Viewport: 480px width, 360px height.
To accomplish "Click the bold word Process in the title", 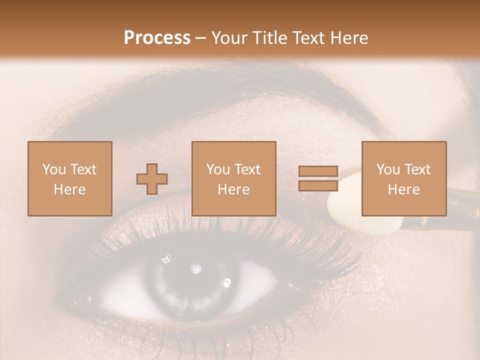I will point(157,38).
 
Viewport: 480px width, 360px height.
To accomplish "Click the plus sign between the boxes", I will point(152,178).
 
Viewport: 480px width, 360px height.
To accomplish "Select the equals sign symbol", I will point(318,178).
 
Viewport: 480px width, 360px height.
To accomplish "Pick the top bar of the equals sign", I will point(318,171).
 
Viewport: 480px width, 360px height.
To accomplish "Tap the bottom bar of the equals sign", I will point(318,185).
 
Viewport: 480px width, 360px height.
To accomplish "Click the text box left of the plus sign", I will point(69,178).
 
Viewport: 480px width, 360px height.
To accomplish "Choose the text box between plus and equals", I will point(233,178).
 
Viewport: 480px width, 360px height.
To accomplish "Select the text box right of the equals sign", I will point(403,178).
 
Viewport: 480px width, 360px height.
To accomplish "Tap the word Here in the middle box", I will point(233,189).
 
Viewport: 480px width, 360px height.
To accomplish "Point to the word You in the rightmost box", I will point(388,169).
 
